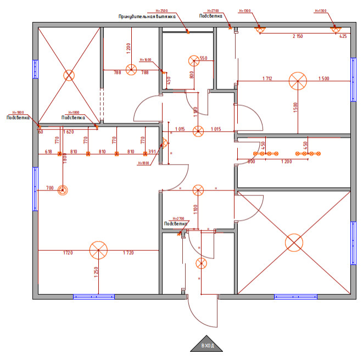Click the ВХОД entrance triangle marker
[x=206, y=344]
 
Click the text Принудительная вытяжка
[x=147, y=16]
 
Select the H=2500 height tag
[x=161, y=11]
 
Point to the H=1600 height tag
[x=146, y=59]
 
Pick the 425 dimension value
[x=343, y=36]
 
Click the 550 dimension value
[x=203, y=58]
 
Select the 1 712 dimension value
[x=267, y=78]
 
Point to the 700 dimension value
[x=50, y=188]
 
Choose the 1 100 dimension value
[x=195, y=209]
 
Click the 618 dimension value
[x=48, y=151]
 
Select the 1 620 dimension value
[x=69, y=132]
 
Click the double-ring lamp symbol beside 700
[x=63, y=190]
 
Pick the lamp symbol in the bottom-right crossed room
[x=294, y=242]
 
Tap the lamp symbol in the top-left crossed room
[x=69, y=75]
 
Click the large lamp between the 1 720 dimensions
[x=98, y=250]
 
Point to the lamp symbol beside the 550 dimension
[x=193, y=60]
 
